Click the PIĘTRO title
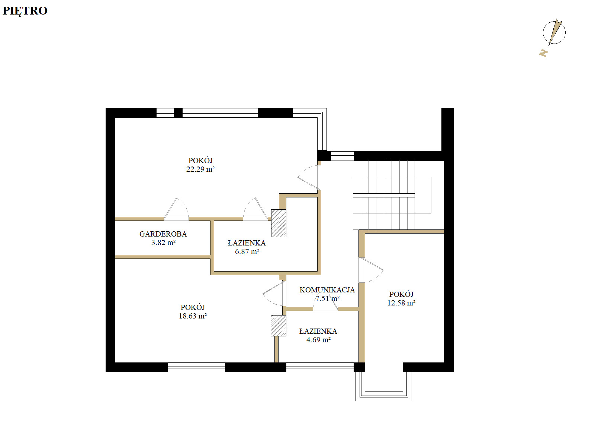pos(25,11)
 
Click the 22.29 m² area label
pos(200,169)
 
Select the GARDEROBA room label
pos(163,234)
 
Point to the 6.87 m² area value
pos(247,251)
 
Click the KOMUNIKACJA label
pos(327,290)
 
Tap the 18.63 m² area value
pos(193,316)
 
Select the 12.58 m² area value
pos(401,303)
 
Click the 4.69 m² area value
pos(318,340)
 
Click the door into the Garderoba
pos(176,209)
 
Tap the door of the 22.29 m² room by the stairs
pos(309,178)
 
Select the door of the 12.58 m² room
pos(371,270)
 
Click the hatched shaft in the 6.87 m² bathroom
pos(279,223)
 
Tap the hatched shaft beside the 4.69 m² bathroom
pos(279,326)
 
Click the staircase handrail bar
pos(384,195)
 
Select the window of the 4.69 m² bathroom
pos(320,367)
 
